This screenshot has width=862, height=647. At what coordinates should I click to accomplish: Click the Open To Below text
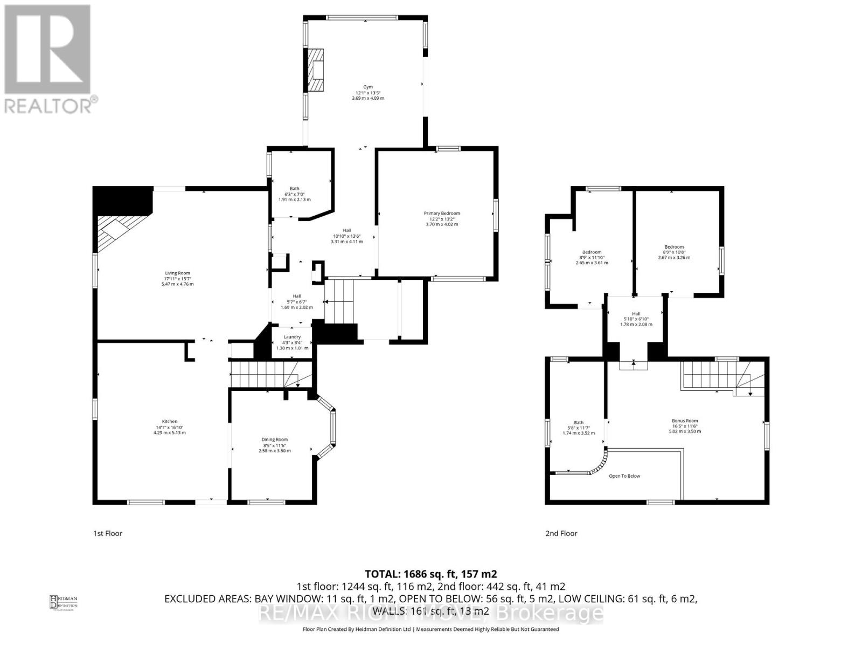pyautogui.click(x=624, y=476)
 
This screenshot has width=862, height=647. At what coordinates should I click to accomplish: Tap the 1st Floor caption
pyautogui.click(x=108, y=533)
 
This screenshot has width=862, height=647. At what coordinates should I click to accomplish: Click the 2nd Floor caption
pyautogui.click(x=561, y=533)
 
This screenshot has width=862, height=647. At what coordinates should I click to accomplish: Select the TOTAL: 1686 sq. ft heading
pyautogui.click(x=430, y=574)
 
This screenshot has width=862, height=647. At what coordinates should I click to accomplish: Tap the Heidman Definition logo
pyautogui.click(x=64, y=602)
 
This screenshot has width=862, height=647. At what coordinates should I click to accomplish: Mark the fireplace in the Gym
pyautogui.click(x=316, y=70)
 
